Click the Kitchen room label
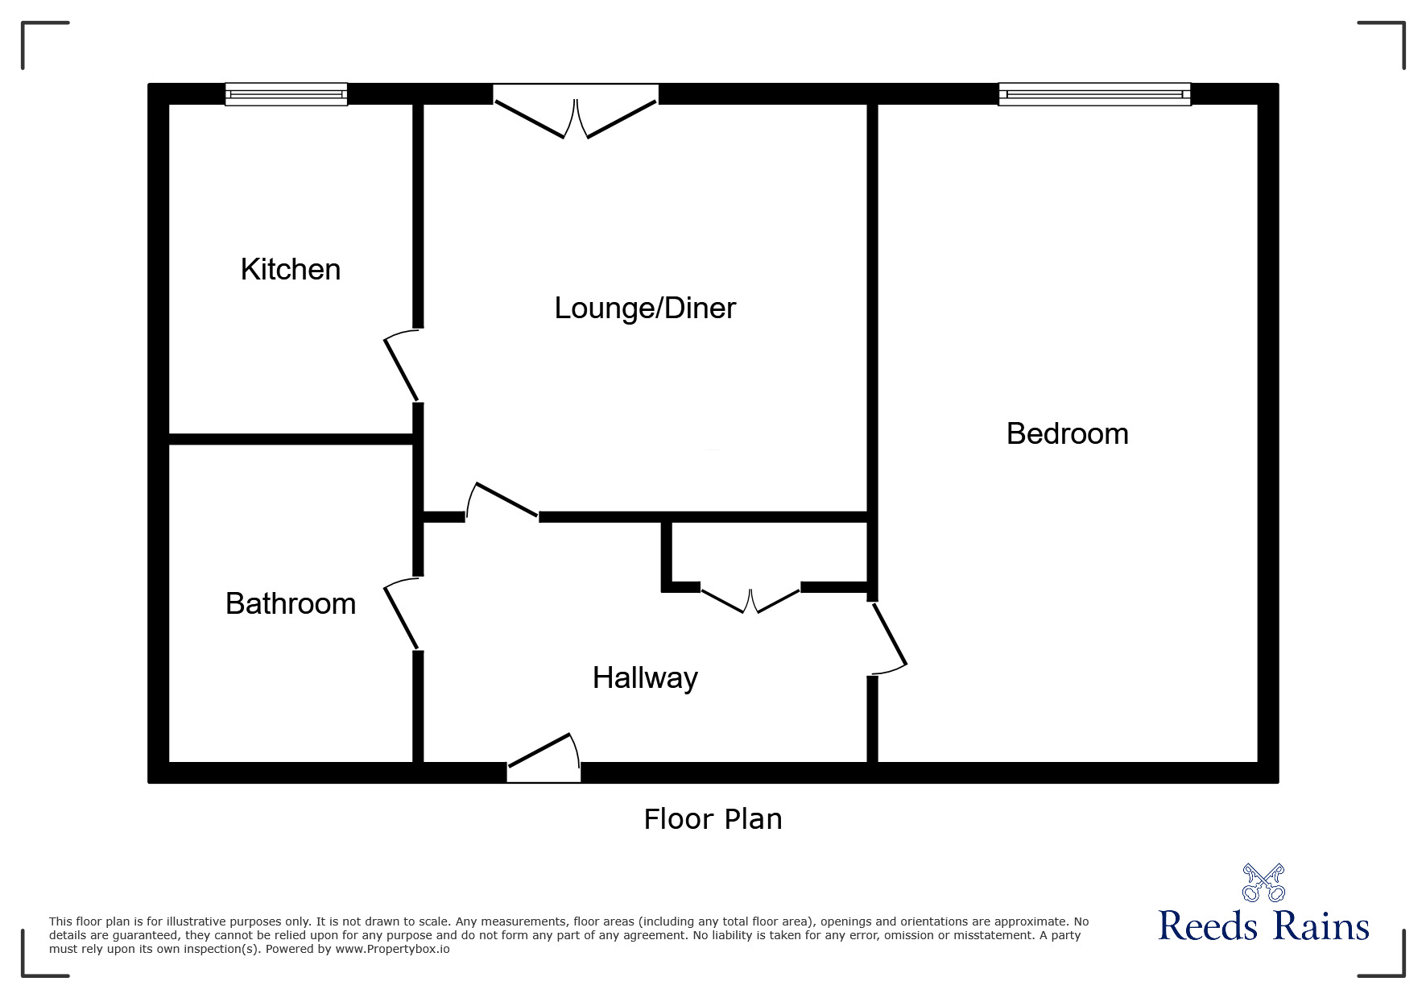click(291, 270)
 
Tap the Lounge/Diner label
click(645, 309)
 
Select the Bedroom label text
click(1067, 434)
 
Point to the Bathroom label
click(291, 604)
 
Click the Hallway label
click(645, 678)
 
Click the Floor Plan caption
click(713, 819)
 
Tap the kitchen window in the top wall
click(286, 94)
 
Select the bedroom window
click(1094, 94)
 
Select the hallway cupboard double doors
click(750, 601)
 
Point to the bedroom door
click(889, 637)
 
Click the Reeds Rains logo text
click(1263, 926)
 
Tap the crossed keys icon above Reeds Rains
click(1263, 882)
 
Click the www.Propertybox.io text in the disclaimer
click(392, 949)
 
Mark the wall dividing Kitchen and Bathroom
click(291, 439)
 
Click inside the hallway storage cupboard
click(769, 554)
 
